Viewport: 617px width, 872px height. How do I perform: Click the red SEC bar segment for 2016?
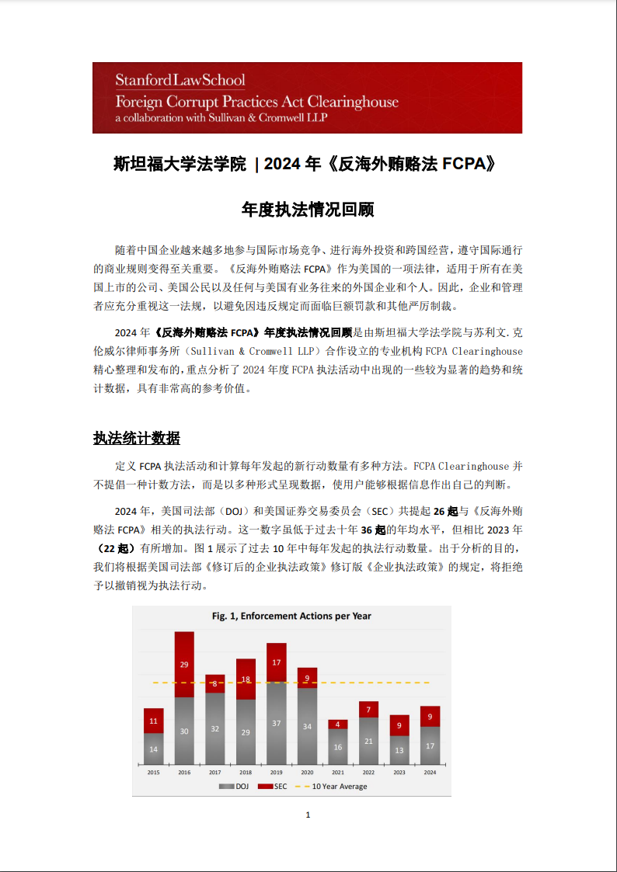184,664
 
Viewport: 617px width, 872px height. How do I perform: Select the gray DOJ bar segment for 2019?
277,723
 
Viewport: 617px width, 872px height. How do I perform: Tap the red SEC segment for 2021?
337,724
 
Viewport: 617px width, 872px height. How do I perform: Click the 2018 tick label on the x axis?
246,773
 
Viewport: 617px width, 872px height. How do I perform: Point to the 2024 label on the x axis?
430,773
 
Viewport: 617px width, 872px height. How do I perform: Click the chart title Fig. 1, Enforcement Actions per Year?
291,616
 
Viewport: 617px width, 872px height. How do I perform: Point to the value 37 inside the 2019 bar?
277,723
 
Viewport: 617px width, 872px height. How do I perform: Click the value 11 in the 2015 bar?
154,721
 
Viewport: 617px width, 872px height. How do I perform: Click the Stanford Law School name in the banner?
180,80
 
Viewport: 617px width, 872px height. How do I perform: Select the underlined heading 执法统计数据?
137,438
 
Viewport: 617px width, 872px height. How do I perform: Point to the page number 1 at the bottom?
308,815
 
